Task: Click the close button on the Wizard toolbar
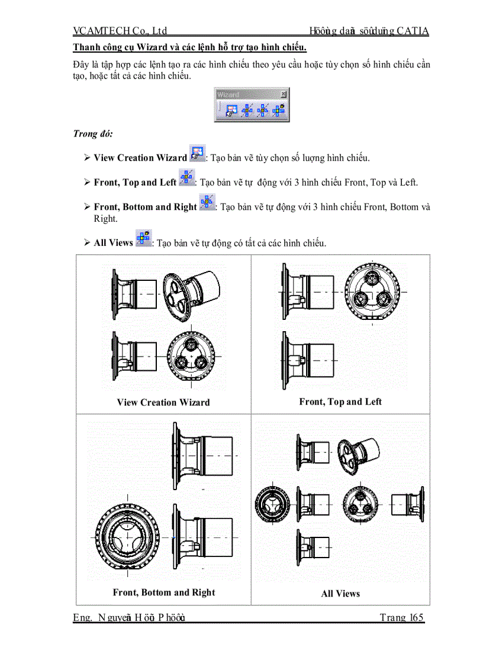[x=284, y=93]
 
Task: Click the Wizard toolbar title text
[x=228, y=94]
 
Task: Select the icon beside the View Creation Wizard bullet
[x=197, y=154]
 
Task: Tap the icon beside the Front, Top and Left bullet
[x=186, y=178]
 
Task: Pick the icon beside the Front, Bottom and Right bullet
[x=207, y=203]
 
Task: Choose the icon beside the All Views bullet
[x=143, y=238]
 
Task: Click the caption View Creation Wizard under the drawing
[x=163, y=403]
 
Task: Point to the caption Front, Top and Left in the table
[x=340, y=402]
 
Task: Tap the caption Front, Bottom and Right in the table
[x=164, y=592]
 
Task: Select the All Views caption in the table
[x=340, y=594]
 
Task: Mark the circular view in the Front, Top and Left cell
[x=372, y=291]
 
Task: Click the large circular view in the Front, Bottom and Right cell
[x=128, y=536]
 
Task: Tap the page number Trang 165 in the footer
[x=402, y=618]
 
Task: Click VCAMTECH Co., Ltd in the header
[x=120, y=31]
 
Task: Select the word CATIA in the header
[x=413, y=31]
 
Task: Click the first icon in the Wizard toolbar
[x=231, y=109]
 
